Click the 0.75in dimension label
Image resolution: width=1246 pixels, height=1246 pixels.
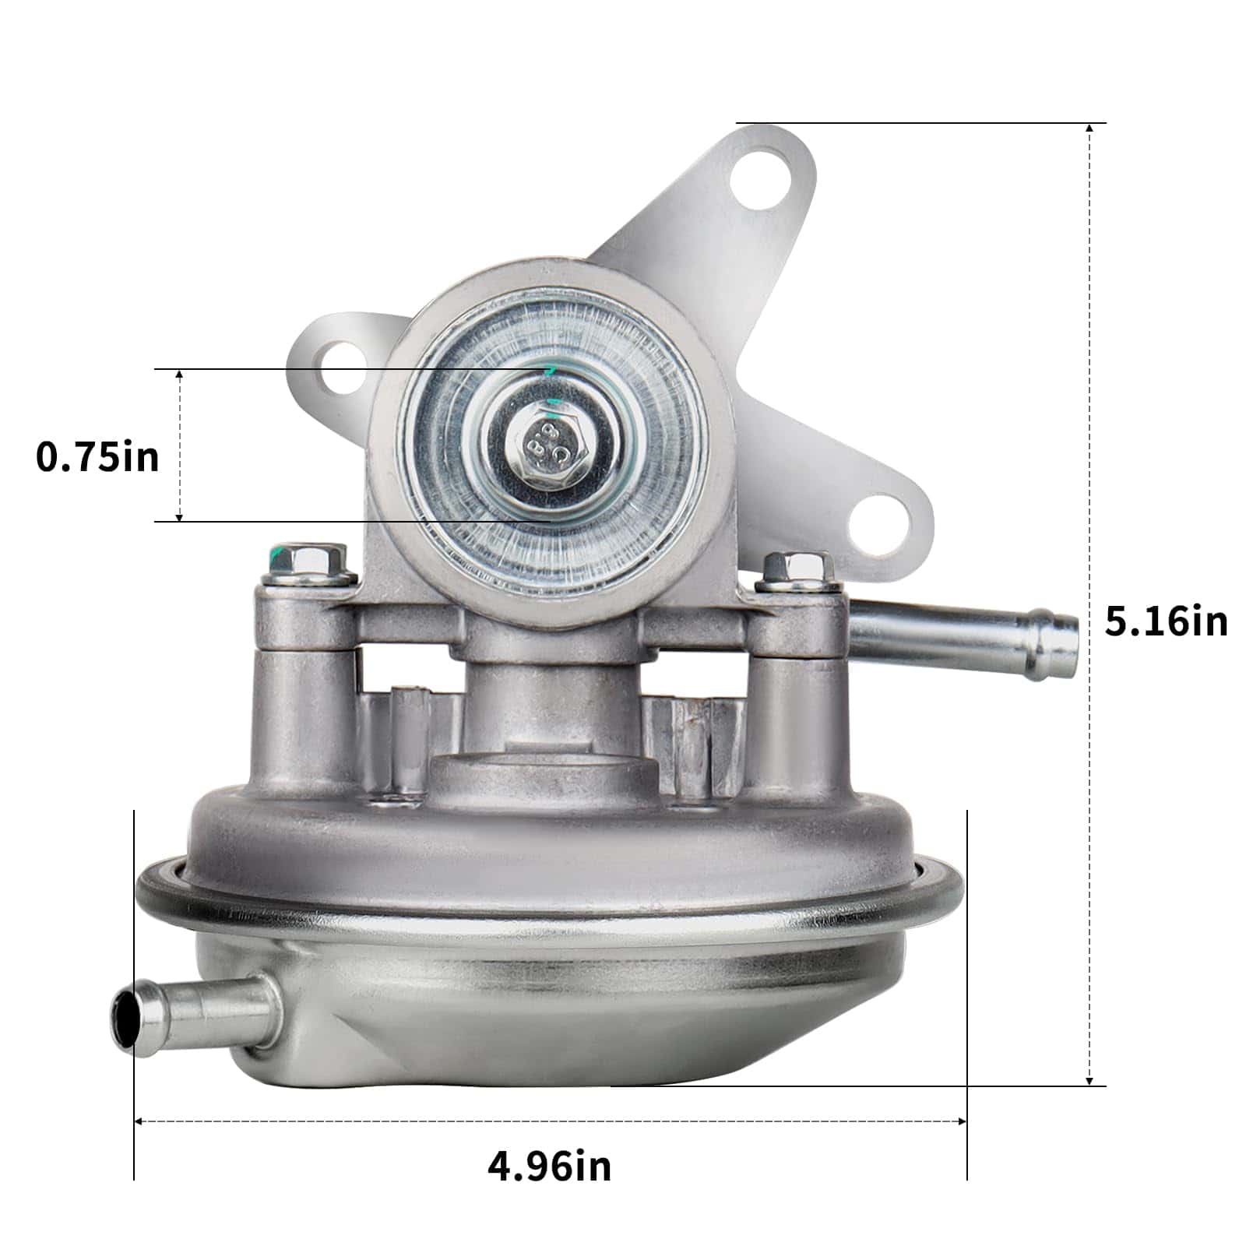(97, 456)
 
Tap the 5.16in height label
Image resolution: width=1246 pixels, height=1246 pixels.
(1166, 621)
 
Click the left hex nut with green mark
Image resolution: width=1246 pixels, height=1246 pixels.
(305, 563)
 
